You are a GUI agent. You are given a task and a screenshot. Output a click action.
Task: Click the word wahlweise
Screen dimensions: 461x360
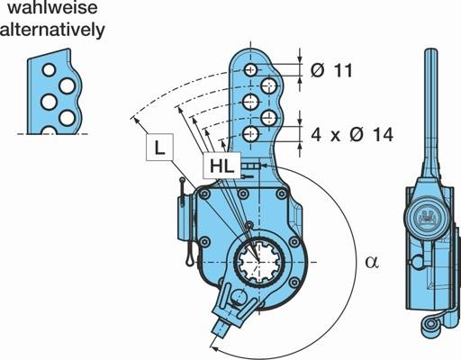(x=52, y=7)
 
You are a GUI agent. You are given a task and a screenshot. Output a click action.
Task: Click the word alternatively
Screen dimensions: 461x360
(x=52, y=30)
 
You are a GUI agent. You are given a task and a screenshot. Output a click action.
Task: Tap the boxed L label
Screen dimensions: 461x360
(x=159, y=148)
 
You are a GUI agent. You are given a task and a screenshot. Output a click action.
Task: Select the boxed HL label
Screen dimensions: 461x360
(x=221, y=166)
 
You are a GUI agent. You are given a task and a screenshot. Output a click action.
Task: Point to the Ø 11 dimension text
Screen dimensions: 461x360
(x=331, y=71)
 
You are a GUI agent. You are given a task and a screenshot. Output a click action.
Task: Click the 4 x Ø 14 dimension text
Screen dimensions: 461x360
(x=352, y=134)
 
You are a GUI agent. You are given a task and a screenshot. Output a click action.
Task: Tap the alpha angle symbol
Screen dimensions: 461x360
(x=372, y=261)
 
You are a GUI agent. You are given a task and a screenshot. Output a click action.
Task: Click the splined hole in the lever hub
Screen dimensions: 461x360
(x=258, y=262)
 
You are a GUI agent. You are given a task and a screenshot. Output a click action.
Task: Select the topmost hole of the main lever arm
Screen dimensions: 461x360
(x=250, y=70)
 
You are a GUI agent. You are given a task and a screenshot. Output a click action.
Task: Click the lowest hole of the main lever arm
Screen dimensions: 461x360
(x=250, y=134)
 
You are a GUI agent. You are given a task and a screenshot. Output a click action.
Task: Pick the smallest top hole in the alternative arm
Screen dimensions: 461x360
(x=49, y=70)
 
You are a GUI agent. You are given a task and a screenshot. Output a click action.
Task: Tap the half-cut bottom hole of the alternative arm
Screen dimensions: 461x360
(x=49, y=130)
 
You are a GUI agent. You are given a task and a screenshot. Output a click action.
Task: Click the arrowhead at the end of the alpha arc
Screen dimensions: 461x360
(x=213, y=348)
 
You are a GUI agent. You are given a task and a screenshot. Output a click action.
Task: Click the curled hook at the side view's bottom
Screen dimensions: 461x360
(x=431, y=328)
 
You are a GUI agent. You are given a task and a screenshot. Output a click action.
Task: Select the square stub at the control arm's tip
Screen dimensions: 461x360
(x=221, y=328)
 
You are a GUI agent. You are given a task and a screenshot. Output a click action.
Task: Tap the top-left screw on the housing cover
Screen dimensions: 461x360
(x=205, y=194)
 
